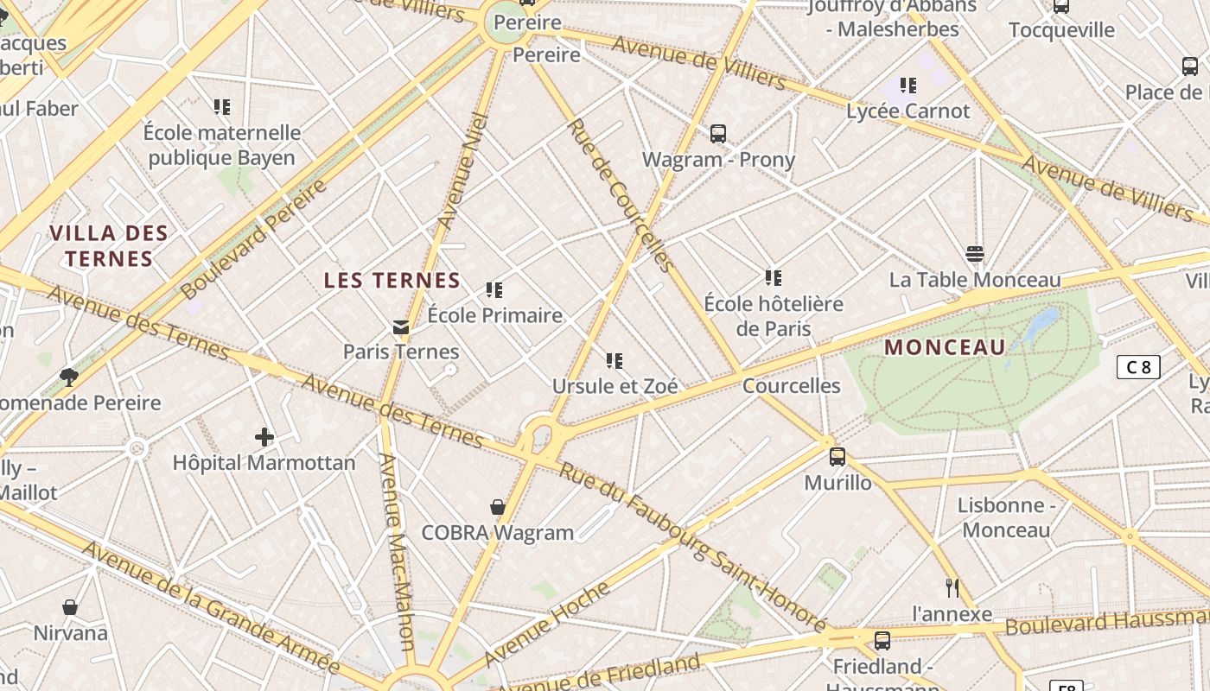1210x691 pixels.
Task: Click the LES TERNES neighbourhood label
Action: (392, 280)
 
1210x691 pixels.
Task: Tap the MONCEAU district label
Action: (946, 347)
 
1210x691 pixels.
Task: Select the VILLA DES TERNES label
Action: (109, 245)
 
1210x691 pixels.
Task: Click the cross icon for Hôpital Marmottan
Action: (264, 437)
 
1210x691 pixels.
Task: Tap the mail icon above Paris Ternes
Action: (401, 326)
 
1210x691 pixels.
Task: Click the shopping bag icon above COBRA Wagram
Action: (498, 507)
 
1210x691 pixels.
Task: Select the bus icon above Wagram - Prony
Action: (718, 134)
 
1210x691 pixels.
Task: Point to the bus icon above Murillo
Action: (837, 457)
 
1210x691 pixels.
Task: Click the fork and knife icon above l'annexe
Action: (952, 588)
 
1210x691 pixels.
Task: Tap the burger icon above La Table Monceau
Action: (975, 254)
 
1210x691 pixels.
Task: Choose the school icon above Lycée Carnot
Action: (907, 86)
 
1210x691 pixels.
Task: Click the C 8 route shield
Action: (1137, 367)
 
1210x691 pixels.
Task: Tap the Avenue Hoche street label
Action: (547, 624)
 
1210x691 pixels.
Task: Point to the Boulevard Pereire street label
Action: (255, 239)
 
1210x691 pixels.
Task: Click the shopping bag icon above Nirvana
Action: (70, 607)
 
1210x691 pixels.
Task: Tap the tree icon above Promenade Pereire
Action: (69, 377)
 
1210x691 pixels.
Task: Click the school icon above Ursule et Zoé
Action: (615, 360)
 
